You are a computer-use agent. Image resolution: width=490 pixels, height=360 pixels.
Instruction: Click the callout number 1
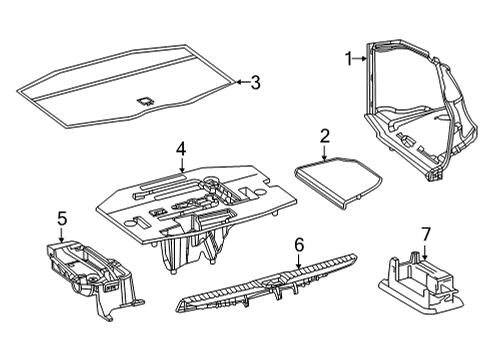350,59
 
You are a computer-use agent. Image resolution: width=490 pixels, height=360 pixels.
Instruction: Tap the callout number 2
325,135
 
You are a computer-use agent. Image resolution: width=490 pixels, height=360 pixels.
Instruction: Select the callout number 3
255,82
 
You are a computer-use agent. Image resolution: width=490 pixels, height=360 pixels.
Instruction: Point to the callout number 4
181,149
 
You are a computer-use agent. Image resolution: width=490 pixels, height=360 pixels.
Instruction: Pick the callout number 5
61,218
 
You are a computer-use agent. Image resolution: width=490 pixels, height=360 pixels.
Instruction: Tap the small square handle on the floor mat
145,99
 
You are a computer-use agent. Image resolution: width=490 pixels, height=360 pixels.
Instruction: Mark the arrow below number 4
181,166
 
